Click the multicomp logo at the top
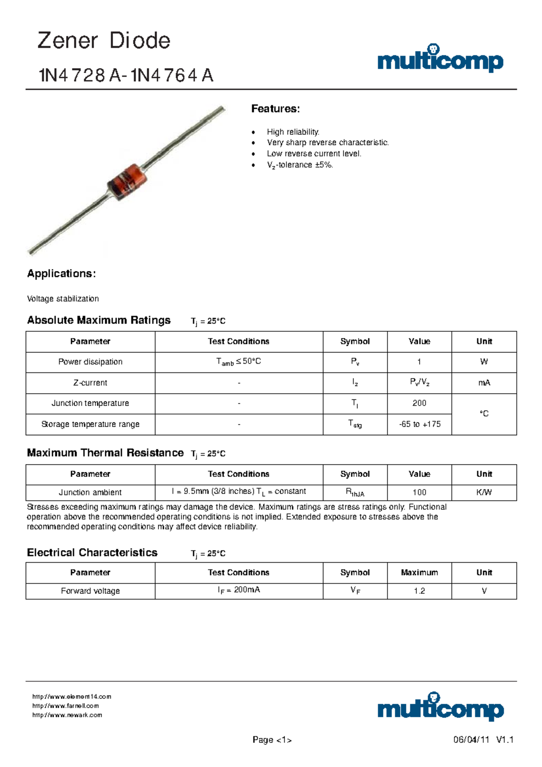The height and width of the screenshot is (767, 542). coord(440,60)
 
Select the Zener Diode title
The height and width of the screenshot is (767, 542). coord(104,41)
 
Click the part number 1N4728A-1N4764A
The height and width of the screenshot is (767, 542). coord(126,75)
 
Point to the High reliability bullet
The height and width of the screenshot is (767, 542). coord(293,132)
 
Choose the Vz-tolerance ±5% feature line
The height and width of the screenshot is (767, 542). coord(299,165)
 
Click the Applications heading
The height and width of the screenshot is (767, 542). coord(61,273)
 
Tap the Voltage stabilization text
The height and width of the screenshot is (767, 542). coord(63,299)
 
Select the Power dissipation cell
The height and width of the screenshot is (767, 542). coord(90,362)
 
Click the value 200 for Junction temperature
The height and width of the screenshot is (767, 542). coord(419,403)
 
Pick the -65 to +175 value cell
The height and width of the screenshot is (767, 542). coord(420,424)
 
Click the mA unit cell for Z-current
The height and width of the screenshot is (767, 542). coord(484,383)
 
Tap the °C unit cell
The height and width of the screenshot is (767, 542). coord(484,414)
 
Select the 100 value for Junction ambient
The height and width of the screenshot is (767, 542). coord(419,492)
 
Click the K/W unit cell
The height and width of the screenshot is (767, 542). coord(484,492)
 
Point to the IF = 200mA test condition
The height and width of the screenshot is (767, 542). coord(239,590)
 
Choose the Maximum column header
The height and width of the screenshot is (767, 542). coord(419,573)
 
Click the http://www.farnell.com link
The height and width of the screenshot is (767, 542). coord(65,706)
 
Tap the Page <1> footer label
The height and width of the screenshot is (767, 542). coord(272,740)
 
